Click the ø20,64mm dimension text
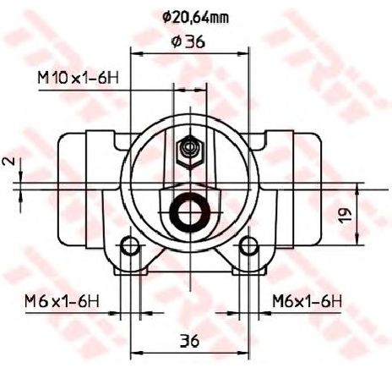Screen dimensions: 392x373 click(x=195, y=18)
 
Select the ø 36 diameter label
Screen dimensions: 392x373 click(x=188, y=42)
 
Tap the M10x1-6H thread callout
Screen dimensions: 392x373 click(x=78, y=78)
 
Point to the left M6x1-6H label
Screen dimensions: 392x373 click(x=62, y=301)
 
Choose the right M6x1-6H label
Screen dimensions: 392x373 click(x=307, y=301)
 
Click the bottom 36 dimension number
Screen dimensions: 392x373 click(x=189, y=341)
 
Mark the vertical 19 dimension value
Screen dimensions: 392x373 click(x=345, y=216)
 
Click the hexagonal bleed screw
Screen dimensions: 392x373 click(x=190, y=151)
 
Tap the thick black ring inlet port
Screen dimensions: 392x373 click(x=190, y=212)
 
